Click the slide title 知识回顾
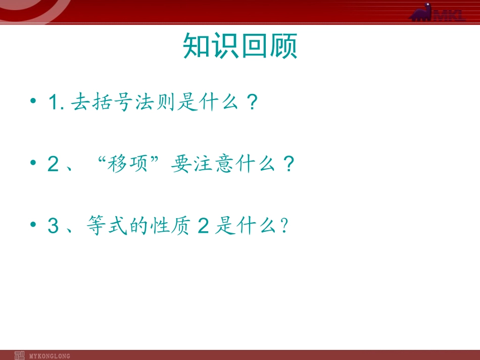coord(240,47)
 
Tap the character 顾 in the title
coord(283,47)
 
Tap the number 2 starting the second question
coord(53,165)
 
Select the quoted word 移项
coord(129,165)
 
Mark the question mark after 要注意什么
coord(288,165)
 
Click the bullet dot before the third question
coord(33,225)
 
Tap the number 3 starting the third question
coord(53,226)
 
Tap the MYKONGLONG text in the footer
coord(50,356)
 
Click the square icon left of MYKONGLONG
coord(19,355)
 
